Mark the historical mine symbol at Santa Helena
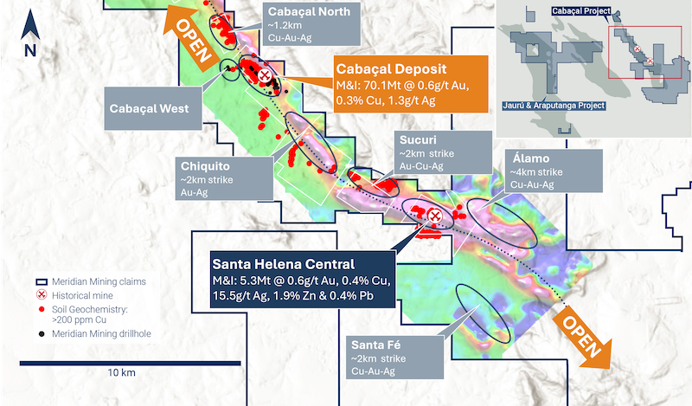435,215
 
